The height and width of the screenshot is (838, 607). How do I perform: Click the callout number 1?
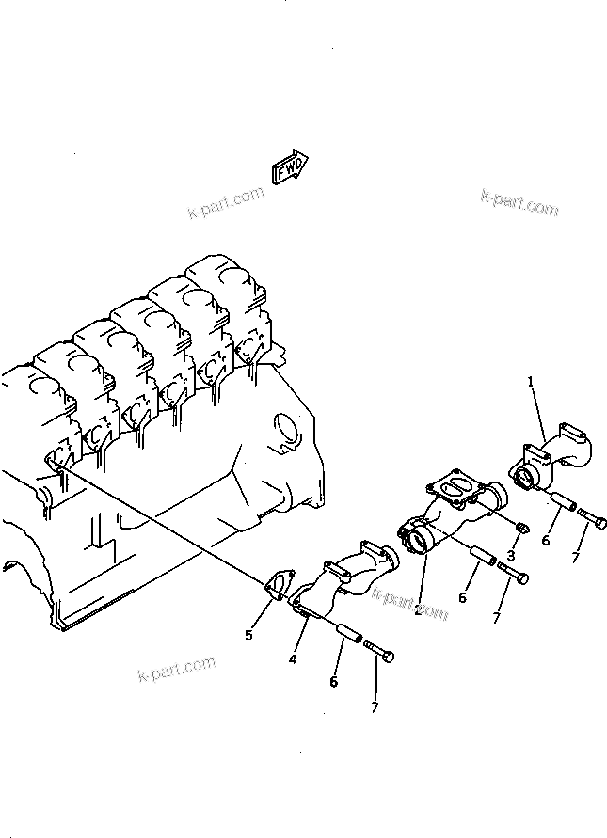click(x=531, y=382)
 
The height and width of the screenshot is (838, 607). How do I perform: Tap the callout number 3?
click(x=511, y=556)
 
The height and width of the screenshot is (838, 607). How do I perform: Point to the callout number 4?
click(x=293, y=660)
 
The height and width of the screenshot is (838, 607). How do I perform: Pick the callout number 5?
click(x=249, y=636)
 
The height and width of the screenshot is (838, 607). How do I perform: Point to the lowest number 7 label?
click(x=375, y=706)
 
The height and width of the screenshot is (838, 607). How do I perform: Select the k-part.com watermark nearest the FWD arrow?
click(x=225, y=203)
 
